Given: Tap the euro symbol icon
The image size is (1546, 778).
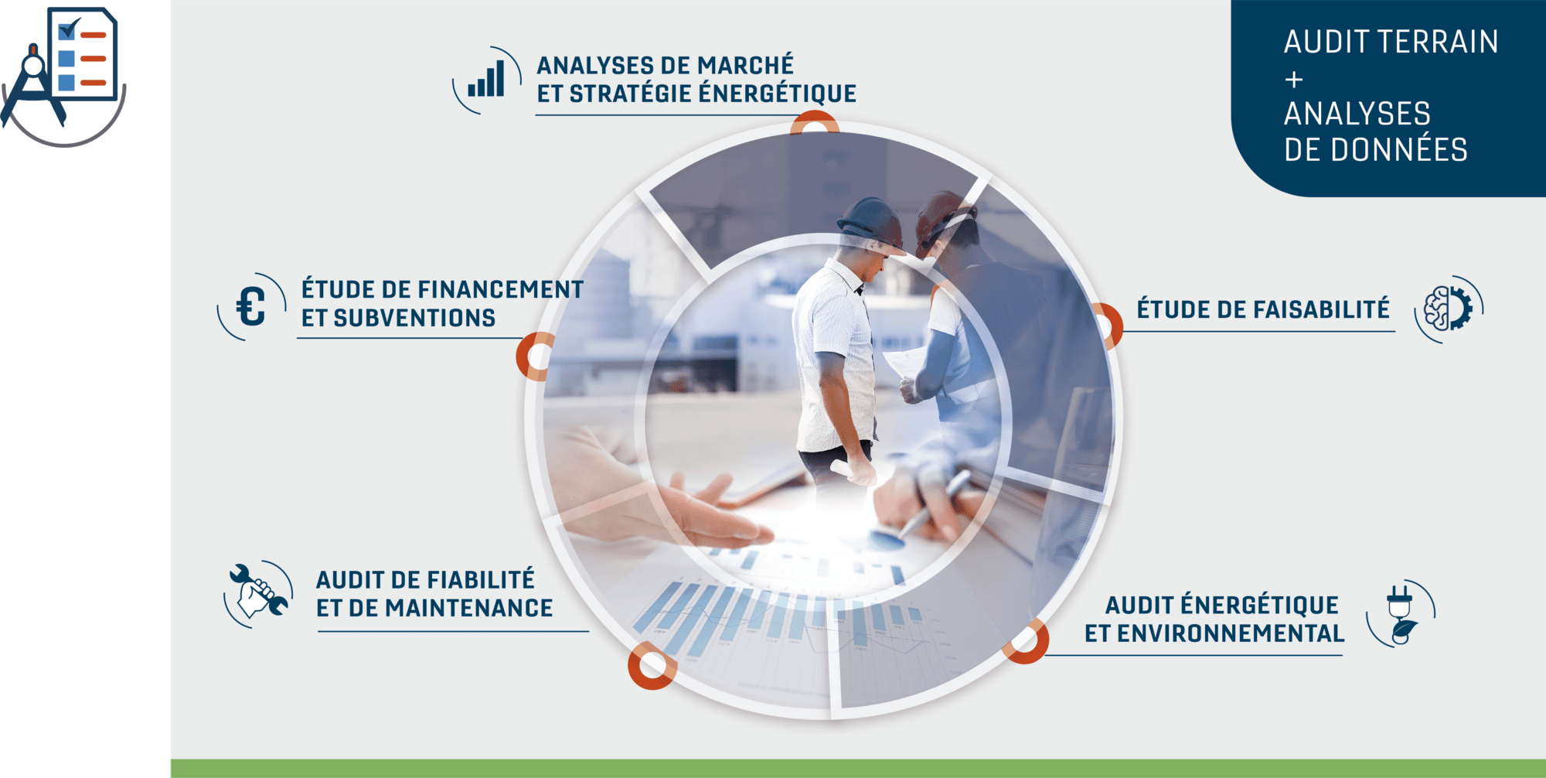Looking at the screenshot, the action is click(250, 306).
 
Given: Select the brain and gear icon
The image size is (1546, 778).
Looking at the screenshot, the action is click(1448, 309).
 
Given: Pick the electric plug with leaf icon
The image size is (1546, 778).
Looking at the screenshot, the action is click(1401, 615).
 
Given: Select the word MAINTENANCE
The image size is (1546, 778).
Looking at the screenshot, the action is click(468, 608).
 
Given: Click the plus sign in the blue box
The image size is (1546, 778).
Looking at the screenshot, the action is click(1294, 79).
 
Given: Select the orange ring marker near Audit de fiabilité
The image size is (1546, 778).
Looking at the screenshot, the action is click(652, 665).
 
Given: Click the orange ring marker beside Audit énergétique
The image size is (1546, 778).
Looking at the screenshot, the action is click(1028, 641).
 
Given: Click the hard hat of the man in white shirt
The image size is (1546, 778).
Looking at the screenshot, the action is click(871, 223).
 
